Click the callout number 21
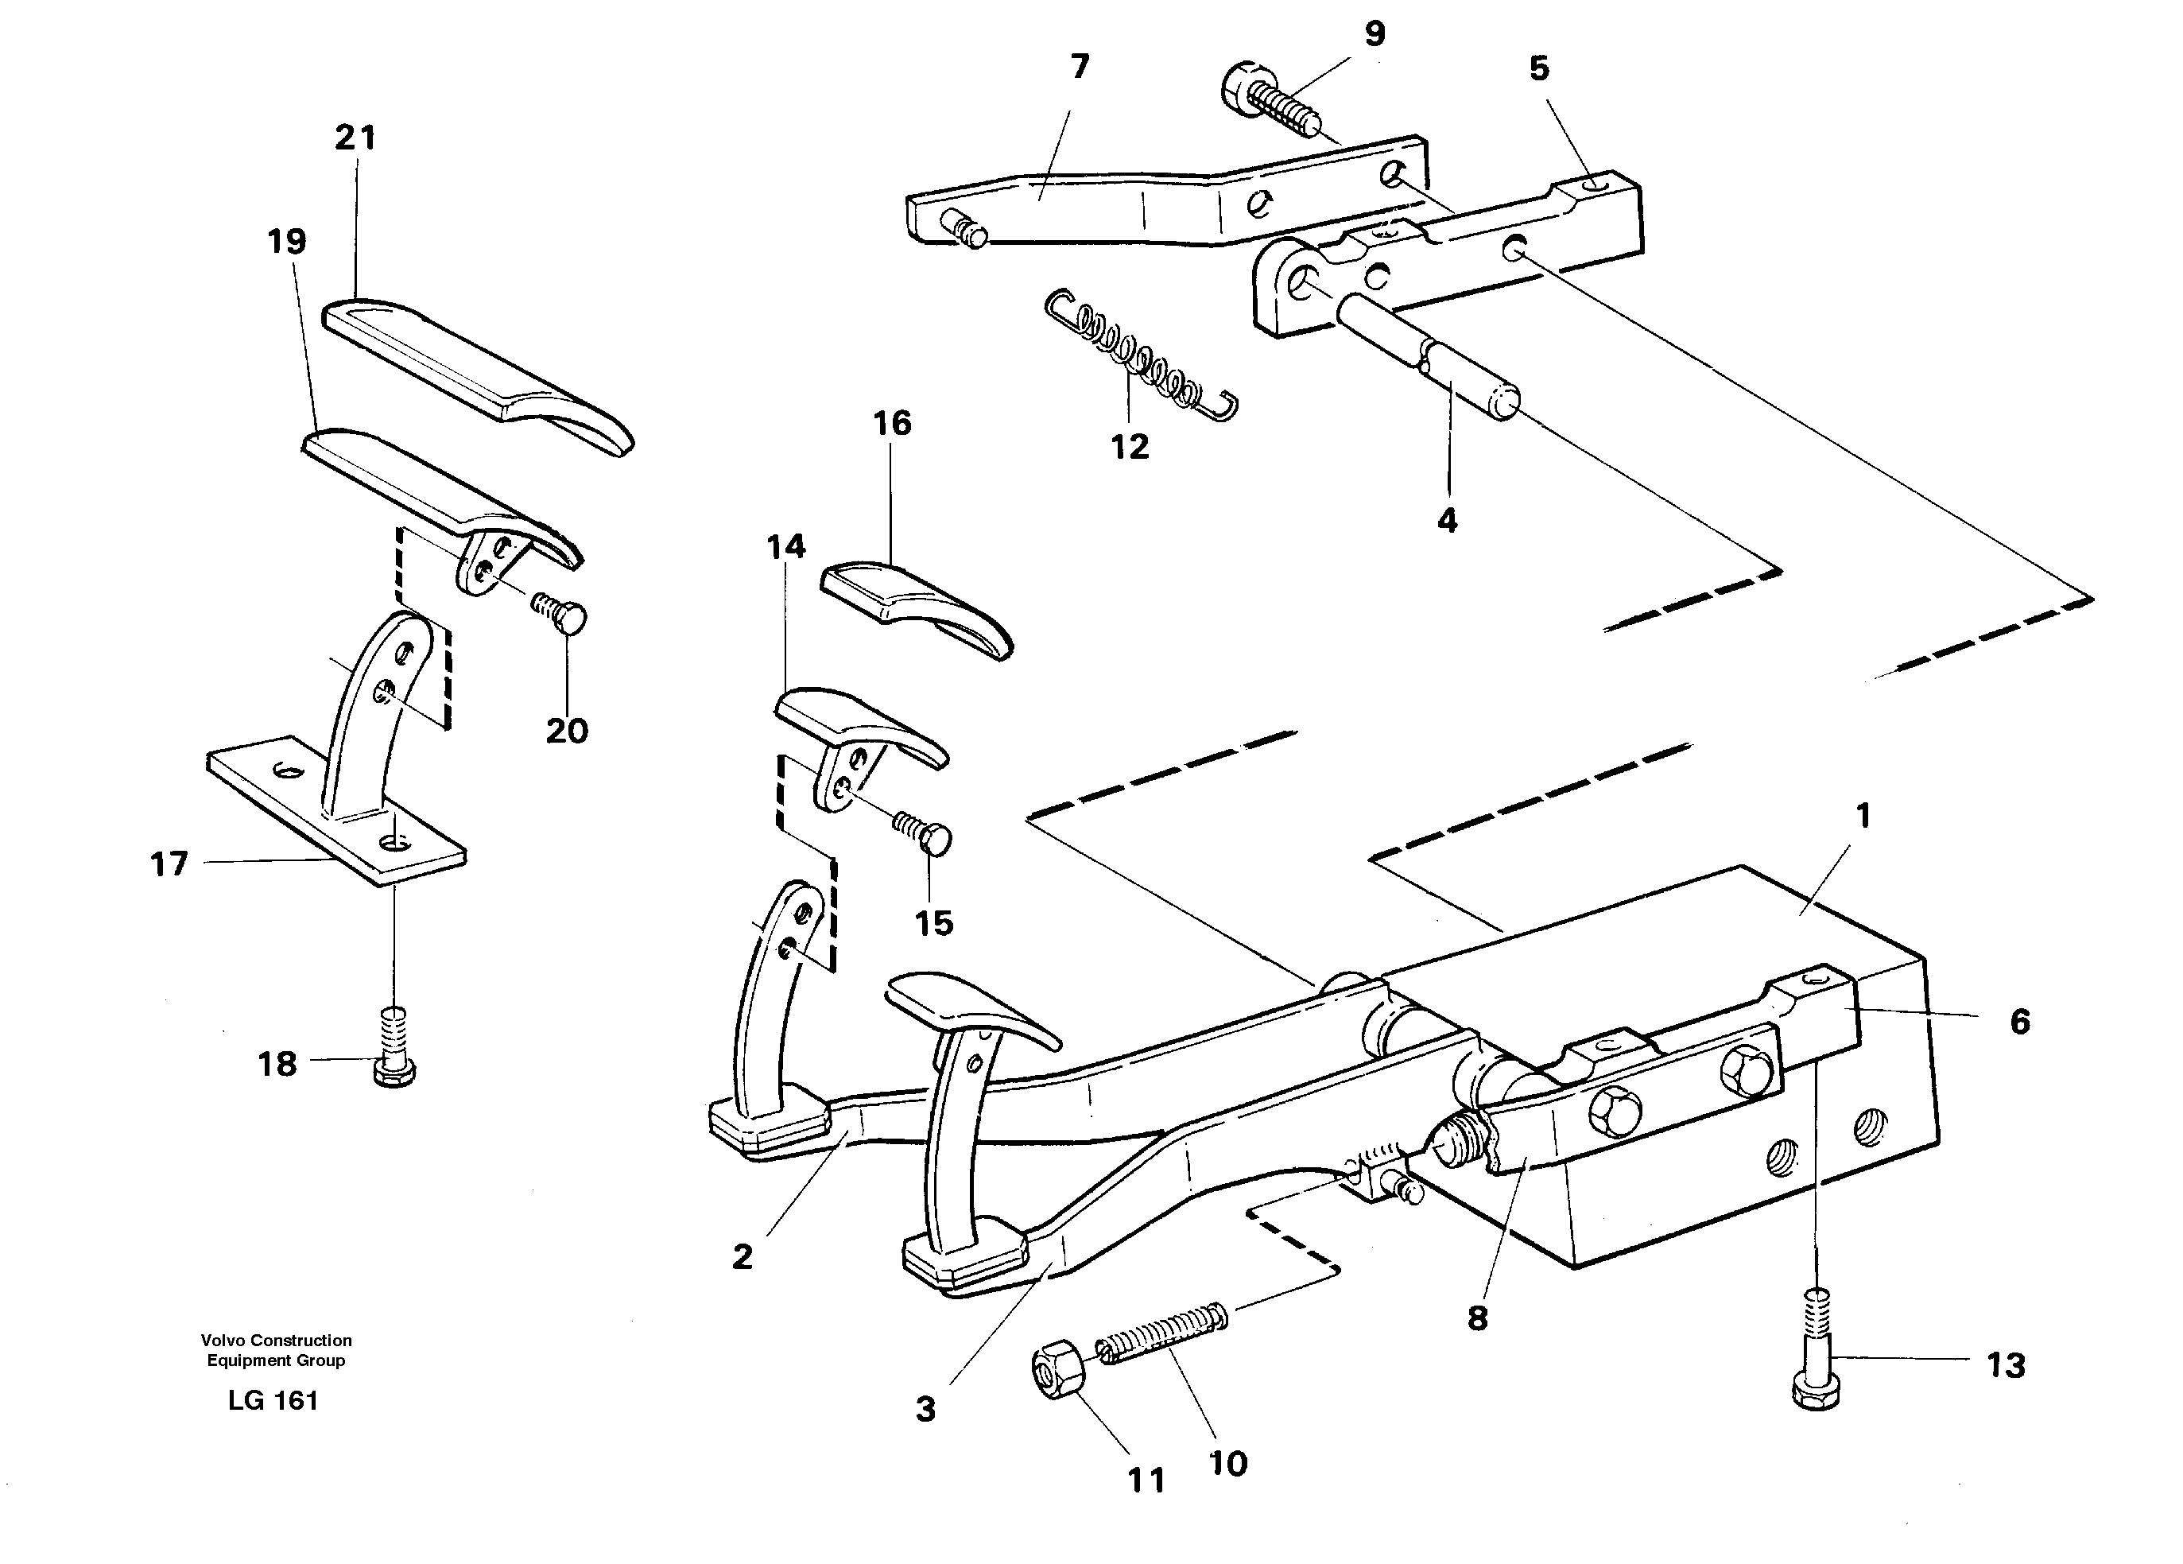pyautogui.click(x=355, y=138)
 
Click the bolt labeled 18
pyautogui.click(x=394, y=1049)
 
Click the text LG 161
pyautogui.click(x=273, y=1400)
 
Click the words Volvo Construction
pyautogui.click(x=276, y=1340)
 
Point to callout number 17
pyautogui.click(x=169, y=863)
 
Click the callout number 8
pyautogui.click(x=1478, y=1318)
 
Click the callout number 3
pyautogui.click(x=925, y=1409)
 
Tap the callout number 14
pyautogui.click(x=785, y=547)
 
